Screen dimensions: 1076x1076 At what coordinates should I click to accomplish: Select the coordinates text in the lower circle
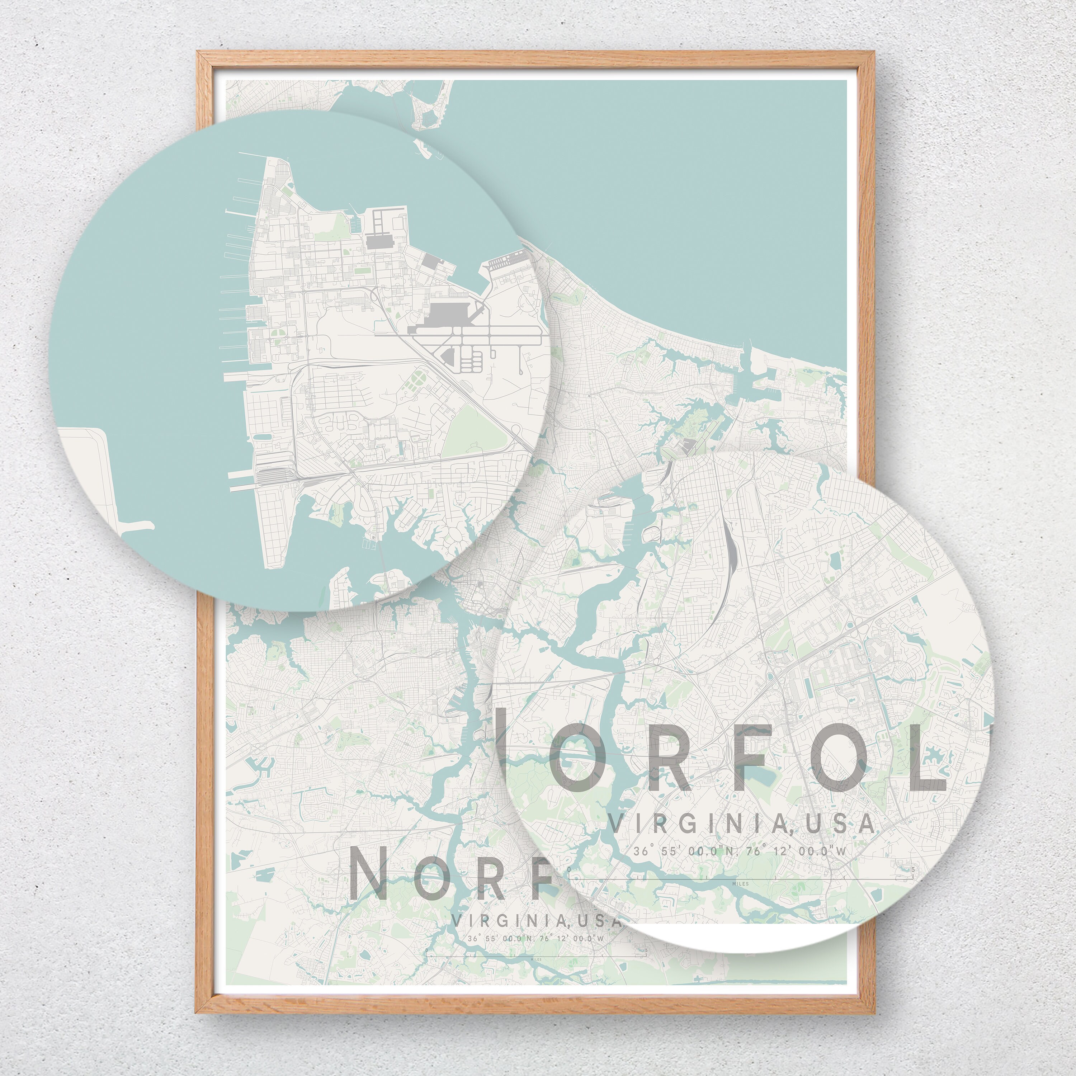tap(740, 851)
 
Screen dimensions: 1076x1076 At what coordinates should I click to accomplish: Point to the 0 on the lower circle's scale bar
tap(568, 869)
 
